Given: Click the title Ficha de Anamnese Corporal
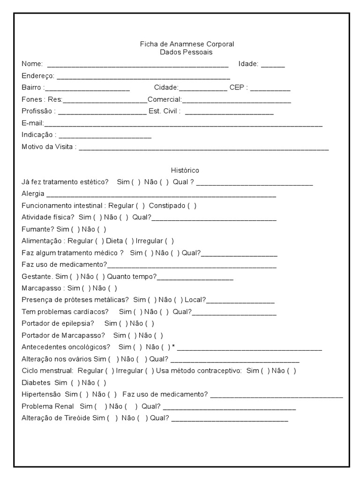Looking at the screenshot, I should [187, 44].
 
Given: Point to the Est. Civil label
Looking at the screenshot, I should [164, 112].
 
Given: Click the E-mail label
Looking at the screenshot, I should [32, 123].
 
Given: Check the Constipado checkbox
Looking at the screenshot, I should [192, 206].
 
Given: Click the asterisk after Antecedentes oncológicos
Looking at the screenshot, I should [173, 347].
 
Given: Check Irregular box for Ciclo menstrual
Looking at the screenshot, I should [149, 371].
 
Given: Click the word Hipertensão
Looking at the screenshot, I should [41, 394].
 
